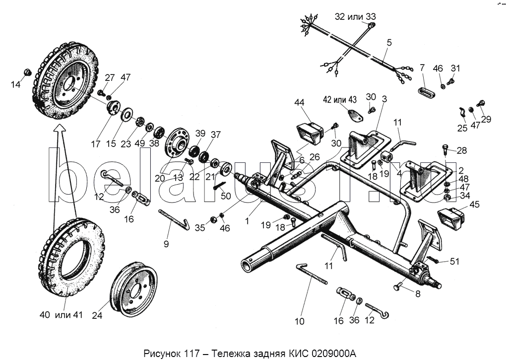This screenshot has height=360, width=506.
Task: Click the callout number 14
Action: pyautogui.click(x=15, y=84)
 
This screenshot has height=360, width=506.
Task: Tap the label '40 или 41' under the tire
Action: pyautogui.click(x=62, y=314)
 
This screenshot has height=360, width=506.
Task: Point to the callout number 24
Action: pyautogui.click(x=97, y=315)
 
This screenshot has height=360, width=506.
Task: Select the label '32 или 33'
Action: pyautogui.click(x=355, y=16)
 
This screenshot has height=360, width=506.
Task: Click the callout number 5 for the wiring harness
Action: pyautogui.click(x=389, y=43)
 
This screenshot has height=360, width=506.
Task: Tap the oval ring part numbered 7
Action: pyautogui.click(x=427, y=90)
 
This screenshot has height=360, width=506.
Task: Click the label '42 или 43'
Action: pyautogui.click(x=340, y=99)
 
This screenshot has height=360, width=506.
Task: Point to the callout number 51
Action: pyautogui.click(x=454, y=261)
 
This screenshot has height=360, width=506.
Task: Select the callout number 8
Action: pyautogui.click(x=418, y=294)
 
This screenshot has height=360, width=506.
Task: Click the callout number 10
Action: pyautogui.click(x=299, y=321)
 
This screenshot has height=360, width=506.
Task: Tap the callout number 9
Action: pyautogui.click(x=166, y=243)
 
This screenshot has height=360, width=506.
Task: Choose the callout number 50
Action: pyautogui.click(x=226, y=196)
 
